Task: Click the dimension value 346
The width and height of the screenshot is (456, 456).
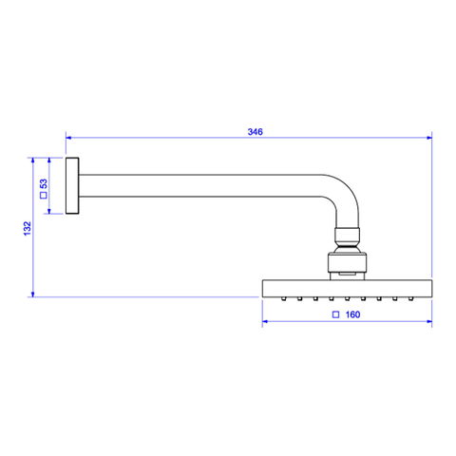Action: tap(255, 132)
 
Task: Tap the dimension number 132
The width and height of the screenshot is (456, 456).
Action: tap(28, 228)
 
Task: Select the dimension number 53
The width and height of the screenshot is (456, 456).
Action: tap(44, 183)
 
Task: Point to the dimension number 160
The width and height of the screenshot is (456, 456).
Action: tap(352, 314)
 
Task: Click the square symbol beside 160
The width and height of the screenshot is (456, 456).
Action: tap(335, 314)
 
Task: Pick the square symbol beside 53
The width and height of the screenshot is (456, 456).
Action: tap(44, 196)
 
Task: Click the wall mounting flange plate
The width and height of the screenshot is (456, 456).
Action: tap(72, 185)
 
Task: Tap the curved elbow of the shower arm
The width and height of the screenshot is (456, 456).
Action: tap(345, 194)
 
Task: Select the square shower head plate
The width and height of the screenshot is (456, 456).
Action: tap(347, 288)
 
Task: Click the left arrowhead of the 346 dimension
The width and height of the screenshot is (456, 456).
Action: tap(68, 138)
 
